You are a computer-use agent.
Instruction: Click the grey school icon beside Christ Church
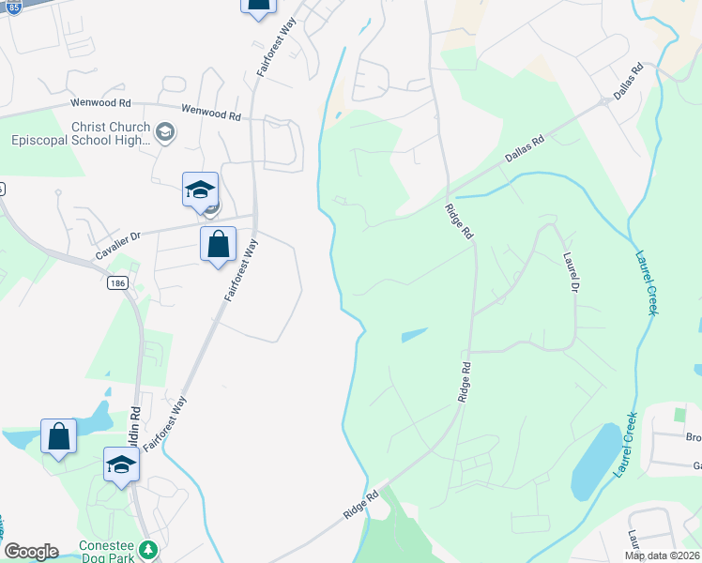pos(166,132)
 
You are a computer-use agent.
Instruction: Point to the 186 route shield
pos(116,282)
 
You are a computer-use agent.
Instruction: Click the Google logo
pos(31,552)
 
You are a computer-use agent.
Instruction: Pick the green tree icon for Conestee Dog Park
pos(146,549)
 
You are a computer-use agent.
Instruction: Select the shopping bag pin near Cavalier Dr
pos(218,246)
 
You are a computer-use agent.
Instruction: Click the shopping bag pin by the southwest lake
pos(58,437)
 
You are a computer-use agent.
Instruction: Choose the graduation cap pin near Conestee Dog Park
pos(121,465)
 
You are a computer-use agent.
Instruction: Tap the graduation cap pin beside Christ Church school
pos(200,190)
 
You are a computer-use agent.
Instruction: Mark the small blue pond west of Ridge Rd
pos(413,334)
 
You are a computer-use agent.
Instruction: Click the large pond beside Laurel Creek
pos(596,462)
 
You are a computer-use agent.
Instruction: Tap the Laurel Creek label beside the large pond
pos(626,445)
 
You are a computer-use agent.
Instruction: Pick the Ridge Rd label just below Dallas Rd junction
pos(459,222)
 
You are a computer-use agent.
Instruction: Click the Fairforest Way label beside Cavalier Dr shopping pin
pos(241,268)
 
